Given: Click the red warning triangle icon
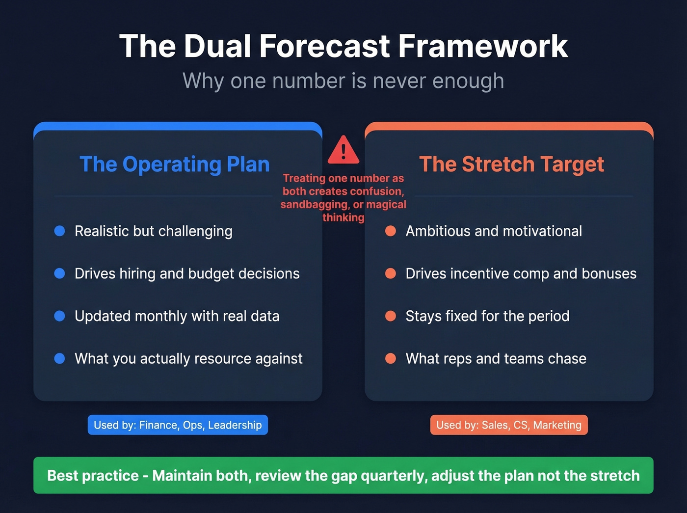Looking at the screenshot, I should click(x=343, y=150).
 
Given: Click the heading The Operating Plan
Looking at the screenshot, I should click(x=175, y=164).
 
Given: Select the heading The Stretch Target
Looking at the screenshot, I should click(x=511, y=164).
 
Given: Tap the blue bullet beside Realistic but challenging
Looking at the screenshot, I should click(x=59, y=231).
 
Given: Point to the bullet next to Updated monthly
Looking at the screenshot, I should click(x=59, y=316).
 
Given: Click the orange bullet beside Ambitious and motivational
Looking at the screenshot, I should click(x=391, y=231).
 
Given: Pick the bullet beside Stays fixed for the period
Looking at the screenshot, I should click(x=391, y=316).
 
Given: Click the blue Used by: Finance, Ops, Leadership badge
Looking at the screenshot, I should click(x=178, y=425).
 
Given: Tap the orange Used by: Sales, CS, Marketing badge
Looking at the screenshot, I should click(x=509, y=425).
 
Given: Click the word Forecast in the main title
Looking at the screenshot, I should click(x=324, y=46).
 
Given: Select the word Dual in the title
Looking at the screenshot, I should click(x=217, y=46).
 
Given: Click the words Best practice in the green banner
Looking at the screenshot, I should click(x=93, y=476).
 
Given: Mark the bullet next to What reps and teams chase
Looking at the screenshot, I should click(x=391, y=358).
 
